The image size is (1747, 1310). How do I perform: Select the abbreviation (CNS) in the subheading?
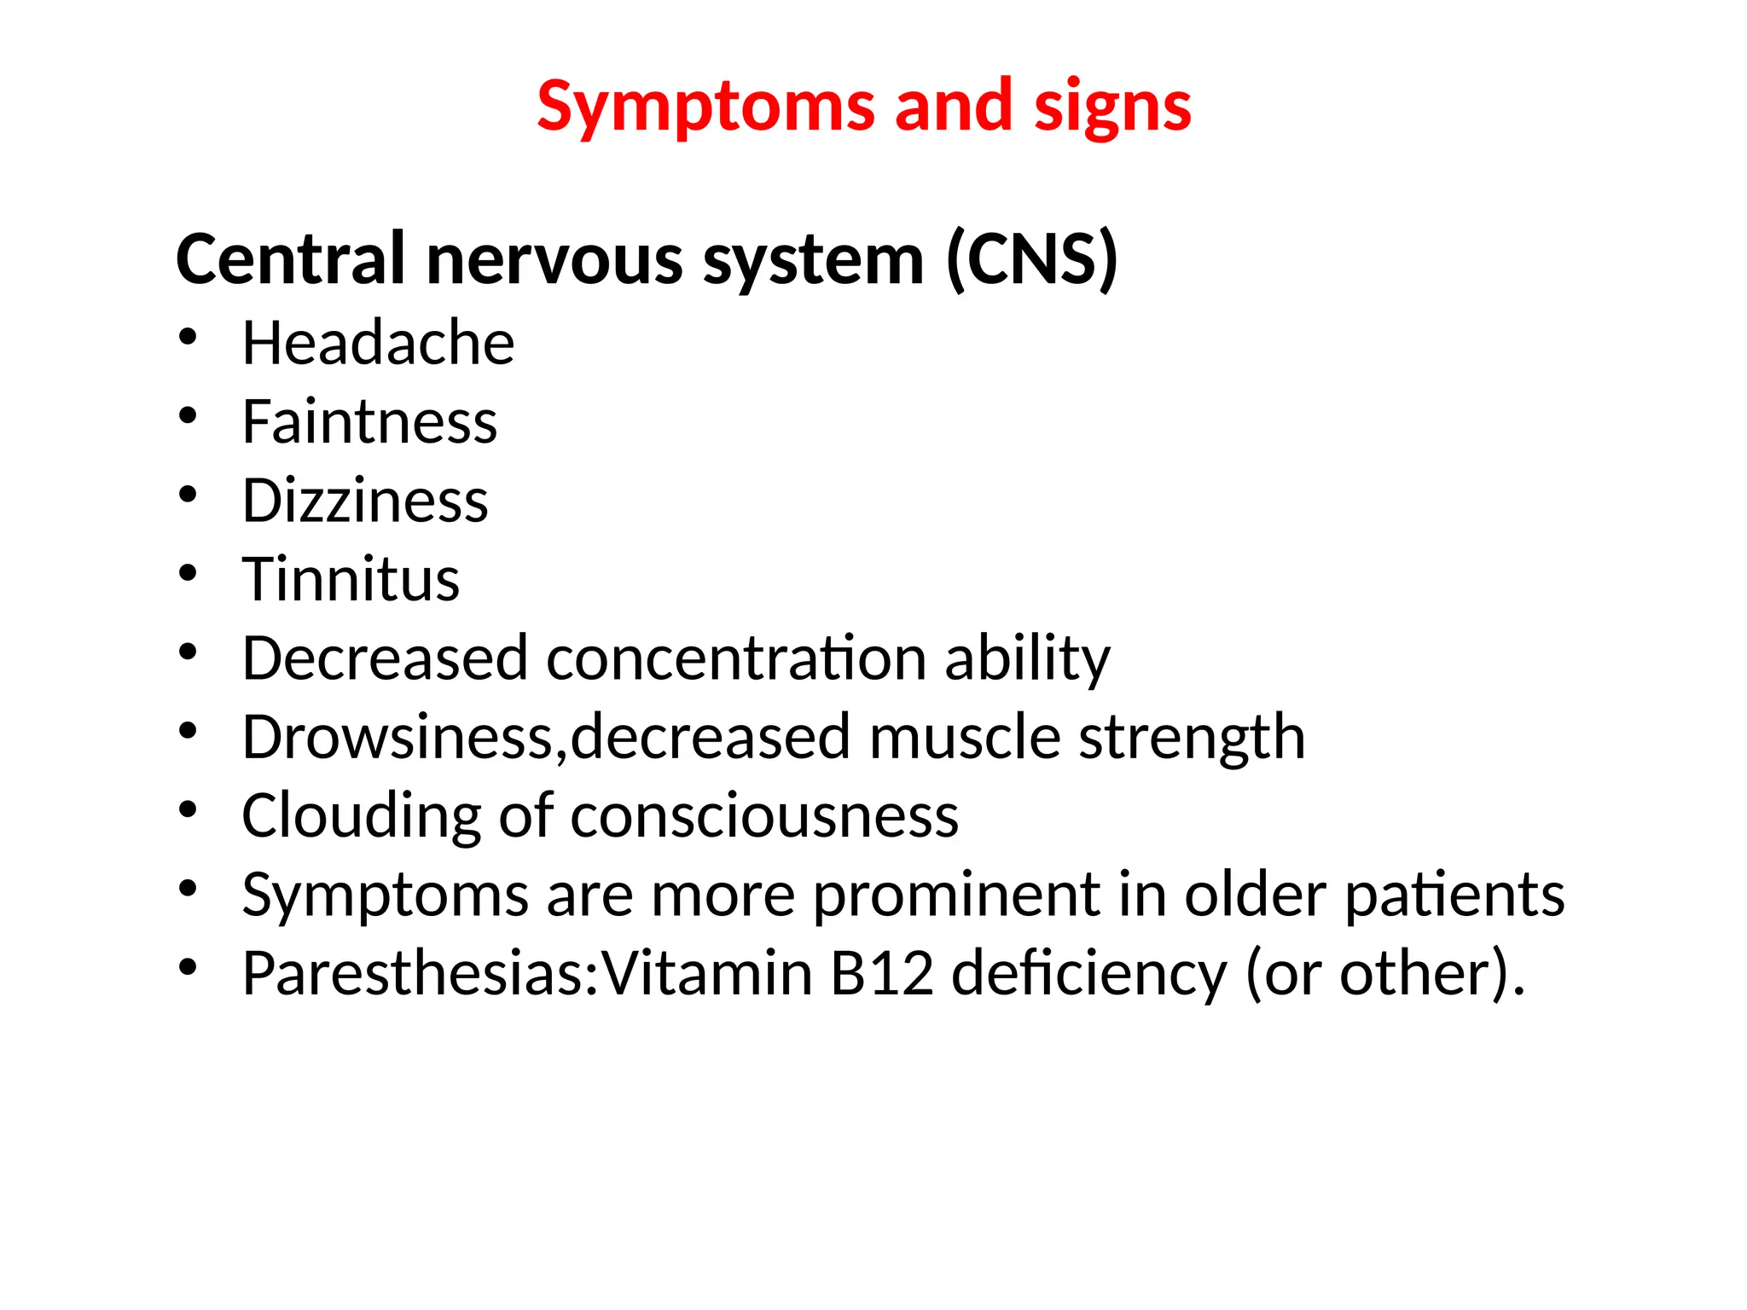pos(1031,259)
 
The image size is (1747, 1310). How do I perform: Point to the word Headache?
pos(378,343)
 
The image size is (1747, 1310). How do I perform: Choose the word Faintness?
pos(369,421)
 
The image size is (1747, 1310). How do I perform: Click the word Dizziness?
pos(365,501)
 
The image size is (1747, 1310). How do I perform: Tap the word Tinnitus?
pos(351,579)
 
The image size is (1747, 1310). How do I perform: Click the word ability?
pos(1027,658)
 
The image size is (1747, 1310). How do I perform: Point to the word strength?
pos(1192,737)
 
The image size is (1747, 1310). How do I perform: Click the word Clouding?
pos(362,816)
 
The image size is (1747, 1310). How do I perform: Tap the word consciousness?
pos(764,816)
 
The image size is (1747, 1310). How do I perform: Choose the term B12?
pos(882,973)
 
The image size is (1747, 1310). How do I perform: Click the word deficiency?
pos(1088,973)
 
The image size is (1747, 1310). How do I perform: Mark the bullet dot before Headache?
pos(188,337)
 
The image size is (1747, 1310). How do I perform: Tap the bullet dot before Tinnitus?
pos(188,573)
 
